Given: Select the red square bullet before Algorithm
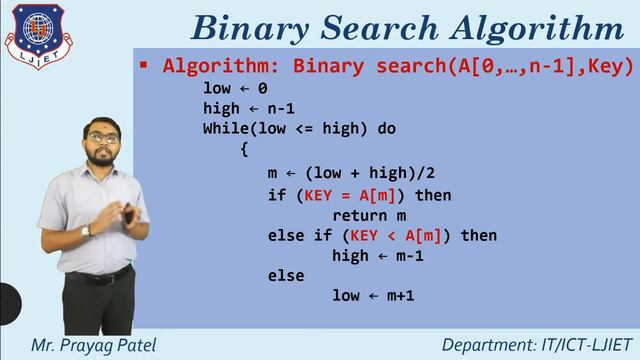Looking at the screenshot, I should point(144,66).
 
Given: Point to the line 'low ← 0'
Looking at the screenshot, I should point(235,88).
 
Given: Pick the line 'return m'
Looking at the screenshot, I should point(369,215).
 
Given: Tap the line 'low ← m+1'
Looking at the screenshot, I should point(373,296).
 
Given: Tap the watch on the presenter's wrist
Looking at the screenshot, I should point(86,231).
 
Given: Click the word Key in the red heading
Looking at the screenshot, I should point(608,66).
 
